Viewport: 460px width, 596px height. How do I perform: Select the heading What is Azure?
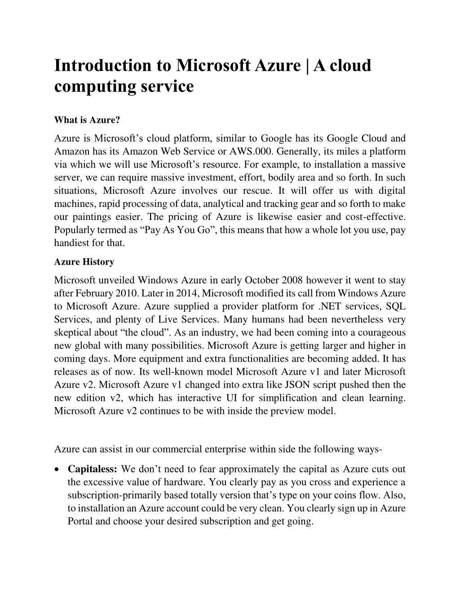click(87, 120)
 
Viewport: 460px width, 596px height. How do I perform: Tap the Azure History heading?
click(84, 262)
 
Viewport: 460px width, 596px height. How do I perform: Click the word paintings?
click(92, 217)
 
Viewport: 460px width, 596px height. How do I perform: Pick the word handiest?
click(71, 243)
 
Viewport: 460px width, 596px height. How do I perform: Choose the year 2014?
click(188, 293)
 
